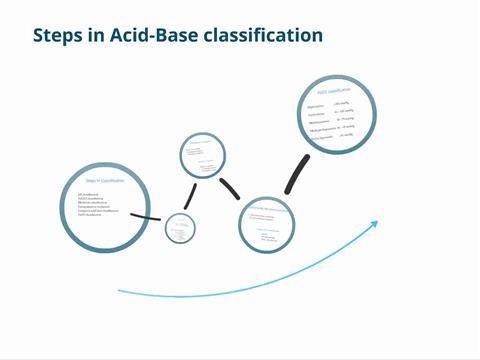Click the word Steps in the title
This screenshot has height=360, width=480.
point(58,36)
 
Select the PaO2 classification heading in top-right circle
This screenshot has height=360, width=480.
point(339,92)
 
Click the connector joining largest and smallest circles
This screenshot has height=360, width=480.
point(146,216)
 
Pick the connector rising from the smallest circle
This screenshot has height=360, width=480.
point(188,196)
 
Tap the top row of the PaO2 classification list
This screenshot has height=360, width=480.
point(338,104)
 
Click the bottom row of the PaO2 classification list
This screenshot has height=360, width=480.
point(338,137)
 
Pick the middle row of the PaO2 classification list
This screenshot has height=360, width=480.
point(338,120)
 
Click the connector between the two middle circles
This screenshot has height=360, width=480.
point(231,186)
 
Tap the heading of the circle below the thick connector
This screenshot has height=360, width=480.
point(268,207)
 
